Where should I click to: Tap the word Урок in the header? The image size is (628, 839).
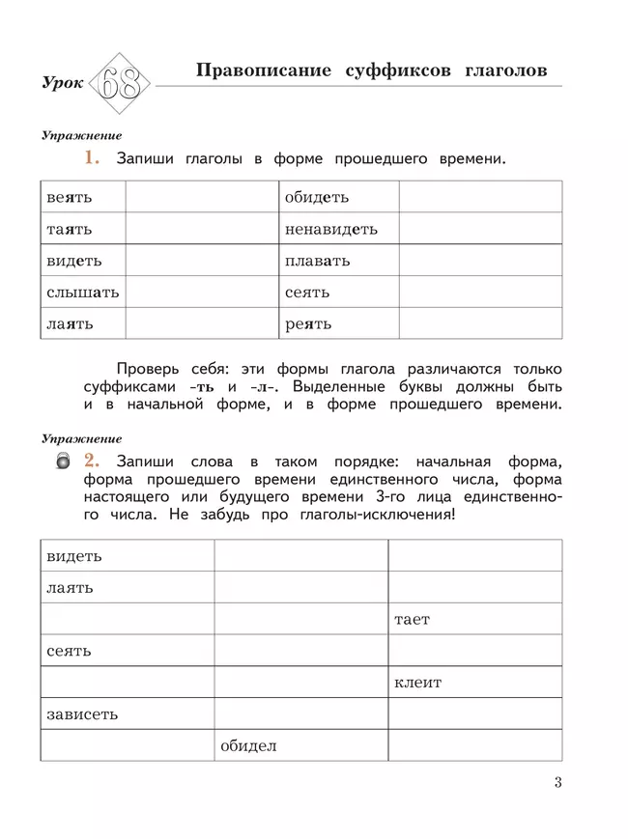[x=63, y=85]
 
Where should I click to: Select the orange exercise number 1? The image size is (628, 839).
[x=92, y=157]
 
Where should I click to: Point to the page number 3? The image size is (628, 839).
[x=557, y=782]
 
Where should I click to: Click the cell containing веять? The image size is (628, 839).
[x=83, y=197]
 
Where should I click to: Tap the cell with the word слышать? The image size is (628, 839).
[x=83, y=292]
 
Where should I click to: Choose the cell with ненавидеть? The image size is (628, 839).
[x=338, y=229]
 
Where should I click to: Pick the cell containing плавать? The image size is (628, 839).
[x=338, y=261]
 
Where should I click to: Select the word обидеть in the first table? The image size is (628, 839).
[x=316, y=197]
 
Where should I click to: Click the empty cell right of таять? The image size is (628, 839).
[x=201, y=229]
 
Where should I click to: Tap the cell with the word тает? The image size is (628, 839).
[x=474, y=619]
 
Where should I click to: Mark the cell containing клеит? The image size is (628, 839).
[x=474, y=683]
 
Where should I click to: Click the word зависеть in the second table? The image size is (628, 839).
[x=82, y=714]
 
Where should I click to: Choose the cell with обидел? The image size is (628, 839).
[x=300, y=745]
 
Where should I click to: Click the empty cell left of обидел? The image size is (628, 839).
[x=127, y=745]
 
